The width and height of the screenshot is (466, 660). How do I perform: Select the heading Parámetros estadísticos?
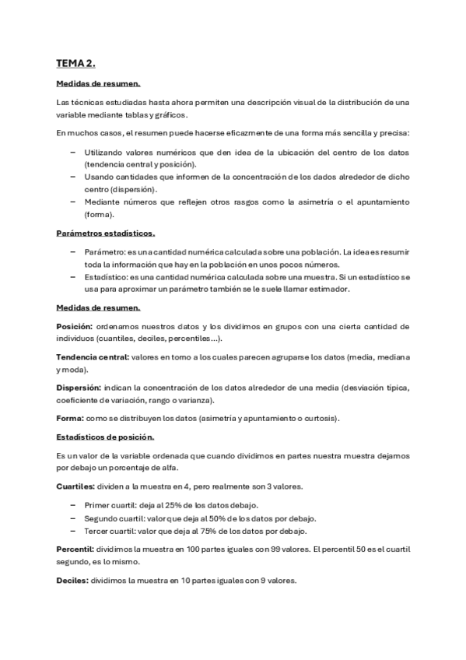(105, 233)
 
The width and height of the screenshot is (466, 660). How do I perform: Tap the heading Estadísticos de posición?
(105, 437)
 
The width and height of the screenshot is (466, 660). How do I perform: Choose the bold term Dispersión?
(79, 387)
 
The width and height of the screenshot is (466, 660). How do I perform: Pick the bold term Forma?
(70, 418)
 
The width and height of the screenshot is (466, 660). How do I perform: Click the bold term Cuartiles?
(75, 486)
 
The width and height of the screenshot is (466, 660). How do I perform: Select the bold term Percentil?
(76, 549)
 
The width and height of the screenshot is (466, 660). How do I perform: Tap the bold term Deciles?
(72, 581)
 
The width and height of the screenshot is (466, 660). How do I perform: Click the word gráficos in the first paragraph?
(172, 114)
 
